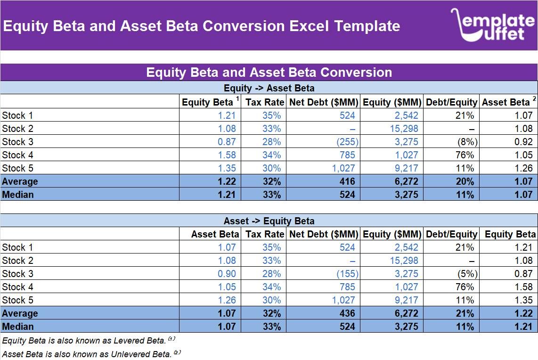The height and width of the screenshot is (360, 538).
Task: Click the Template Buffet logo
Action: coord(493,25)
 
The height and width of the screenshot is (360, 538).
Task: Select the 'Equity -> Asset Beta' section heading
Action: coord(269,88)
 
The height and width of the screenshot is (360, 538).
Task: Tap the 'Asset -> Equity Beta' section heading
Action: coord(269,221)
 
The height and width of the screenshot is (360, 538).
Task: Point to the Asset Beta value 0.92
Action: coord(523,142)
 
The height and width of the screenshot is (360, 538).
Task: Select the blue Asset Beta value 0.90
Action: coord(226,274)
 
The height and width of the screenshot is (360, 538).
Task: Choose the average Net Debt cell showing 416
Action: coord(347,181)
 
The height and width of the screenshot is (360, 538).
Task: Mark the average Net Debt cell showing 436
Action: coord(347,313)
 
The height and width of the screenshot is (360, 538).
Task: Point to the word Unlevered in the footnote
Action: coord(134,354)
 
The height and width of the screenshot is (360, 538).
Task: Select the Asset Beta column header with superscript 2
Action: coord(508,102)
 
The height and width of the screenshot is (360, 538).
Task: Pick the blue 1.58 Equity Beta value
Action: coord(227,155)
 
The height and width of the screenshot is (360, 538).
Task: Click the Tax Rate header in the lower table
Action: coord(265,234)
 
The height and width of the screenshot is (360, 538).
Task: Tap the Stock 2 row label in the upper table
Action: coord(17,129)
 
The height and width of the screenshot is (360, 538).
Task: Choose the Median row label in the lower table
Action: coord(18,327)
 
